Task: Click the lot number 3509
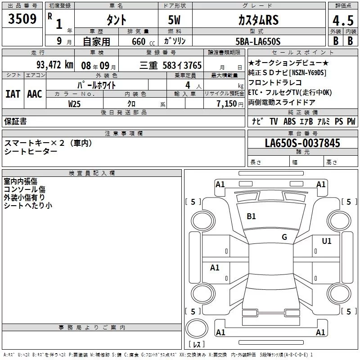22,19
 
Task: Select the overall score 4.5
343,21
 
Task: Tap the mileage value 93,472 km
55,65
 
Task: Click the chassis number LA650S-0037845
302,143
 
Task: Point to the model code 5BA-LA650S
258,41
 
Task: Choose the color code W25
74,104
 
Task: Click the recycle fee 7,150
227,104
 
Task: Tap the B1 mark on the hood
251,216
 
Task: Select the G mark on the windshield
284,237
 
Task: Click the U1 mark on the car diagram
327,241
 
